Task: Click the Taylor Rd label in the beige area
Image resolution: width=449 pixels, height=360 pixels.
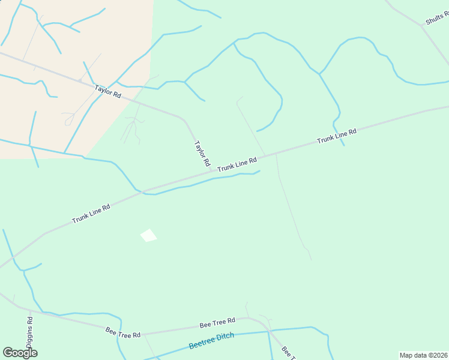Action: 108,92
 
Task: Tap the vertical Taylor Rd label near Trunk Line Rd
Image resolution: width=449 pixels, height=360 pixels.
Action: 202,154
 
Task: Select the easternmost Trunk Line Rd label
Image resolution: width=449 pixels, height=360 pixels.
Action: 337,136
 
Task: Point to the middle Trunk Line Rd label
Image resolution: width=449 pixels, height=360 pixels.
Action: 237,164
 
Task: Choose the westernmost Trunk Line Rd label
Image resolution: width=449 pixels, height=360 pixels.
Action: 91,214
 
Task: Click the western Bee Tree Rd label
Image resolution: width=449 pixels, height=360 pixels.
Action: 123,331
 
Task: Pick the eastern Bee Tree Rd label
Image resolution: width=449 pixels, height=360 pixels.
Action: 217,324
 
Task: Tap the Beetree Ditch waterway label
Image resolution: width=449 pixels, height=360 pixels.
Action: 211,341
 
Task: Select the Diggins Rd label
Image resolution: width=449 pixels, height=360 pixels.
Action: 30,326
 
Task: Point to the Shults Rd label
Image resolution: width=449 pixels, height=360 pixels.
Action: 437,18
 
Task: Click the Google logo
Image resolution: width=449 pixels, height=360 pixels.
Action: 20,352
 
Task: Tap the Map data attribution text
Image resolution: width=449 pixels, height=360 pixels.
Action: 423,355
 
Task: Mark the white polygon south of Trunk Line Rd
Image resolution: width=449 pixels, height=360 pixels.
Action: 148,235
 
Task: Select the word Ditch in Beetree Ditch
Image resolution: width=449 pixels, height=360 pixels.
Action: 224,337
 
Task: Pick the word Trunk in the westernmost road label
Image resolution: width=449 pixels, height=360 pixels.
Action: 80,218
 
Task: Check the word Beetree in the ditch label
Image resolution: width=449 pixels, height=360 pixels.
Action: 201,343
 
